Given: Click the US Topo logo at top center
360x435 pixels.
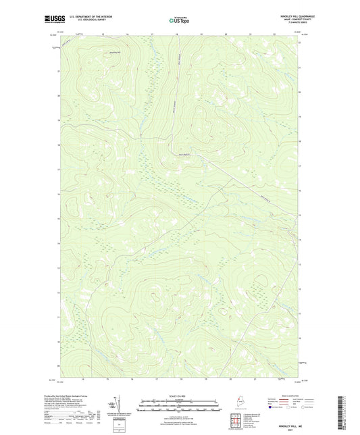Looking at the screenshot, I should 178,20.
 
